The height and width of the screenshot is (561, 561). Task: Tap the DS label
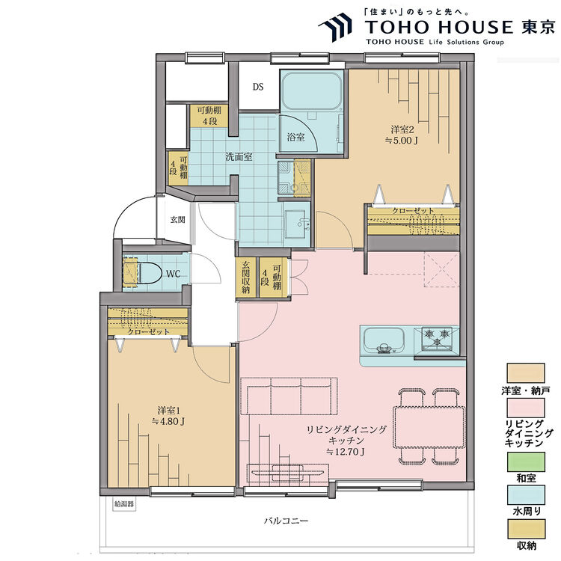coord(257,87)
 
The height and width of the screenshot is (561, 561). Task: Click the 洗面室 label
coord(239,157)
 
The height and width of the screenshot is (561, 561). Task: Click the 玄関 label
coord(177,220)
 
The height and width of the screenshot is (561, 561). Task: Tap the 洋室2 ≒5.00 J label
coord(401,133)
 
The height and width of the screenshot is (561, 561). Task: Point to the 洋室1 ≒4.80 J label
coord(168,415)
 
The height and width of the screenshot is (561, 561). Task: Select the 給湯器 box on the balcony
coord(125,504)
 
